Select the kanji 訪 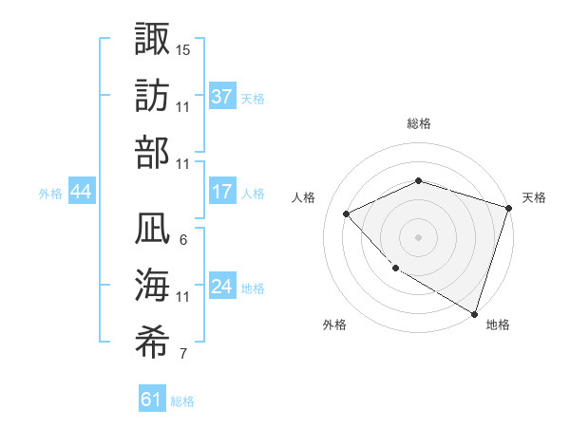pyautogui.click(x=153, y=95)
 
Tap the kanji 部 pyautogui.click(x=153, y=153)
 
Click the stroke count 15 pyautogui.click(x=183, y=49)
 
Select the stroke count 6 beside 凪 pyautogui.click(x=183, y=240)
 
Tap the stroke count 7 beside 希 pyautogui.click(x=183, y=356)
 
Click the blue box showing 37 pyautogui.click(x=222, y=97)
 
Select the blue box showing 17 pyautogui.click(x=222, y=192)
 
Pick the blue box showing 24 pyautogui.click(x=222, y=288)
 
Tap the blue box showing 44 pyautogui.click(x=82, y=192)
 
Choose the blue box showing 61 pyautogui.click(x=152, y=400)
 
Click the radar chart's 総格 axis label pyautogui.click(x=418, y=123)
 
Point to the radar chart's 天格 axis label pyautogui.click(x=534, y=197)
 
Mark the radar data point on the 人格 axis pyautogui.click(x=347, y=214)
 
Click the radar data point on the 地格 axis pyautogui.click(x=473, y=312)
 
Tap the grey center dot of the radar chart pyautogui.click(x=418, y=236)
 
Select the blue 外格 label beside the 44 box pyautogui.click(x=50, y=193)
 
